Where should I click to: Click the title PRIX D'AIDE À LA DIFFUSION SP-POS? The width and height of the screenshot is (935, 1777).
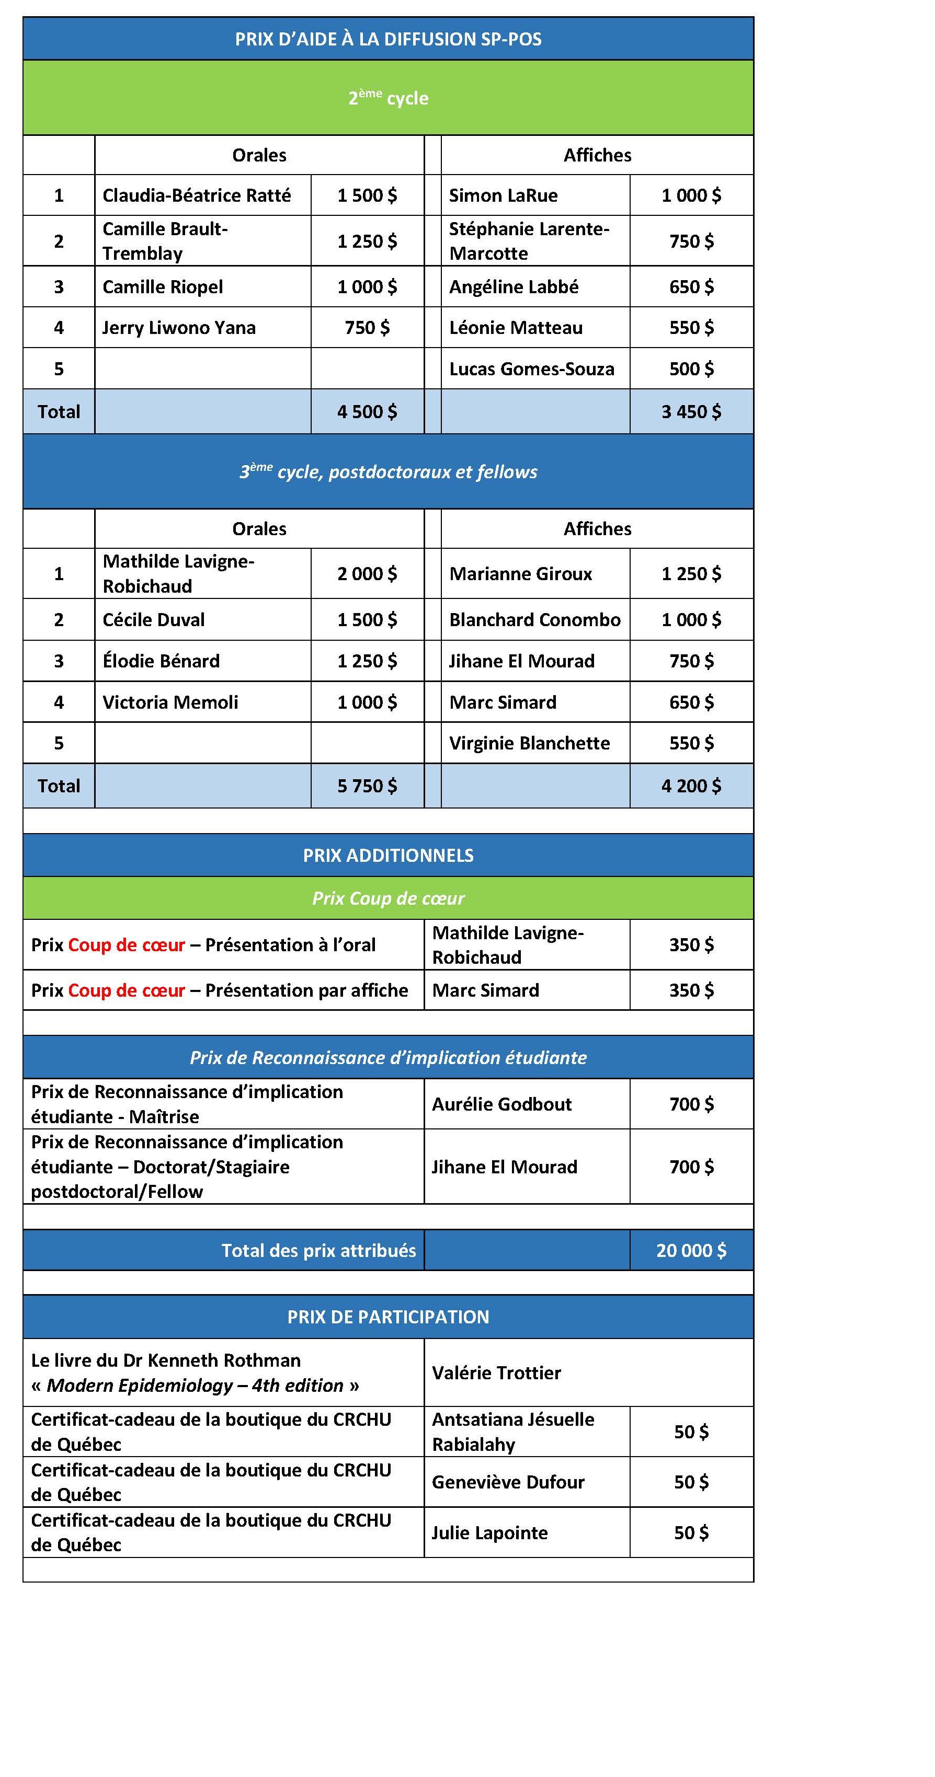coord(388,39)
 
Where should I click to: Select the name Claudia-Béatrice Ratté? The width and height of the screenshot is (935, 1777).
coord(197,195)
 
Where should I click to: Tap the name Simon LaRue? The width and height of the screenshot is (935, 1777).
coord(503,195)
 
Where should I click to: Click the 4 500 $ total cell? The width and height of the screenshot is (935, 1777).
coord(367,412)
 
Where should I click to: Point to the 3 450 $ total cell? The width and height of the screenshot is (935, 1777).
coord(691,412)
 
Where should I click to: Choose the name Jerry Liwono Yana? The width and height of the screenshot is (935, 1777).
coord(179,328)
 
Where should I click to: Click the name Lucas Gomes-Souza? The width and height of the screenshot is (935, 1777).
coord(531,369)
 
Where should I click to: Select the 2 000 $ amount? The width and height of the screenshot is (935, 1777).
coord(367,574)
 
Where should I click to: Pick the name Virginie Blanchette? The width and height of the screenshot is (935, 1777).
coord(529,744)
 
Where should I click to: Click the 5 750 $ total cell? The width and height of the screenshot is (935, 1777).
coord(367,787)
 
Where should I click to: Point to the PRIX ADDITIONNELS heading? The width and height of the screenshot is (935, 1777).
coord(388,856)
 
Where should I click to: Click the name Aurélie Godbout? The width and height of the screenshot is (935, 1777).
coord(501,1104)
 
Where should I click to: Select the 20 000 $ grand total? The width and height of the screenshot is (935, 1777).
coord(691,1251)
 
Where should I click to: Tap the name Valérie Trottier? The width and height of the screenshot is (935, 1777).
coord(496,1373)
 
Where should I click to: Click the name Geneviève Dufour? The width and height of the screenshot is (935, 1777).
coord(508,1482)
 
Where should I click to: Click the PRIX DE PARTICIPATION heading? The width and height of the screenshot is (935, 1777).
coord(388,1317)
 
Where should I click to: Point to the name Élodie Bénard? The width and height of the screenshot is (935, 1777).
coord(161,661)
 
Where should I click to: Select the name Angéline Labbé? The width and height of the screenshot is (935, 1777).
coord(514,287)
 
